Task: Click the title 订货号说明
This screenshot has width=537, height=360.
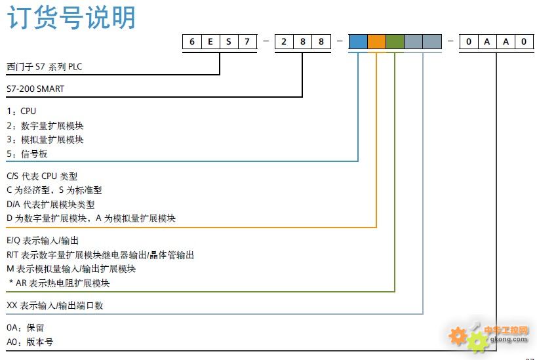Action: (71, 18)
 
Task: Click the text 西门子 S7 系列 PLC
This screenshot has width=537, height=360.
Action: (44, 67)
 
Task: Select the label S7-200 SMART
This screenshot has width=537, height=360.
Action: (35, 88)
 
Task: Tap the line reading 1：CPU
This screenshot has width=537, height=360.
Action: (21, 111)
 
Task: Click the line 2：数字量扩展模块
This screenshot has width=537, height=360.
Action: (45, 125)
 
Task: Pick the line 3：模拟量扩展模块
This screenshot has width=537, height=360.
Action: (45, 140)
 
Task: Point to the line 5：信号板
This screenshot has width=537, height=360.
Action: (27, 154)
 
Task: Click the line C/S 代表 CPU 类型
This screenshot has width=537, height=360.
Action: (42, 176)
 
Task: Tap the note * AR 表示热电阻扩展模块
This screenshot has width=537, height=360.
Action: (59, 283)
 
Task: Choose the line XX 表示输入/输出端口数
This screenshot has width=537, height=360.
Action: (55, 306)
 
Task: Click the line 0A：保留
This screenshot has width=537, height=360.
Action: (26, 327)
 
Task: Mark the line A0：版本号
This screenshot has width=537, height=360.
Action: (30, 342)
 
